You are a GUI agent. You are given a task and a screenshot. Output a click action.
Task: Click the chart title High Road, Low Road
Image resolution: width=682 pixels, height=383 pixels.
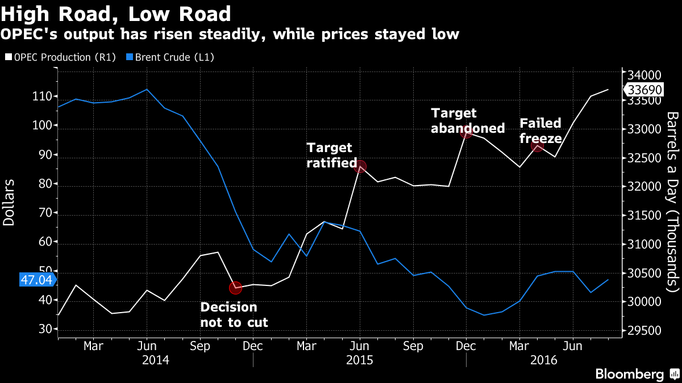point(116,14)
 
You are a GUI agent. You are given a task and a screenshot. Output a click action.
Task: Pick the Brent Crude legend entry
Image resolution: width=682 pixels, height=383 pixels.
point(170,57)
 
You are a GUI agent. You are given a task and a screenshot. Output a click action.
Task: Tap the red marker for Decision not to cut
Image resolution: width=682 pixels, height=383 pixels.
point(235,288)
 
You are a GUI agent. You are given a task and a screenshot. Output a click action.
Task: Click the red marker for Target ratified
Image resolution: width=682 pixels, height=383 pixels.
point(360,166)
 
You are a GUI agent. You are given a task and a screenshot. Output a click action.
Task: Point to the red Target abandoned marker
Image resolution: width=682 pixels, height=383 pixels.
point(466,132)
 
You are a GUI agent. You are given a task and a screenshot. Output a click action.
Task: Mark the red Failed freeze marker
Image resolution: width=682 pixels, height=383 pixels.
point(537,146)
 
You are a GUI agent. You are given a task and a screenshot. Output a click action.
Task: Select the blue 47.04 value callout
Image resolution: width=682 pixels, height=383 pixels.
point(36,280)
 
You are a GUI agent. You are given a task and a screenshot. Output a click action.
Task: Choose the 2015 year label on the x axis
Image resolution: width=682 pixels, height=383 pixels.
point(360,360)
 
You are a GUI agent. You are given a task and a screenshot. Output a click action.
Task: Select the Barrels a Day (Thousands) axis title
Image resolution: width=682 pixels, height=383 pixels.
point(672,201)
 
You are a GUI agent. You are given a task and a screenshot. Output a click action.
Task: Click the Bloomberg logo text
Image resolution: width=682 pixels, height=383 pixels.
point(629,374)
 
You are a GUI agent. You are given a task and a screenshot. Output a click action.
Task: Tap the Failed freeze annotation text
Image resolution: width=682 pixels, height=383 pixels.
point(540,131)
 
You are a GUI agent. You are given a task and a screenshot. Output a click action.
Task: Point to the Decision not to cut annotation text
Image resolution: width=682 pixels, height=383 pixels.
point(234,315)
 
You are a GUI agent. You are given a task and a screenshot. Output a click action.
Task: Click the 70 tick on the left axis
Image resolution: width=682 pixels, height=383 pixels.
point(46,213)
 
